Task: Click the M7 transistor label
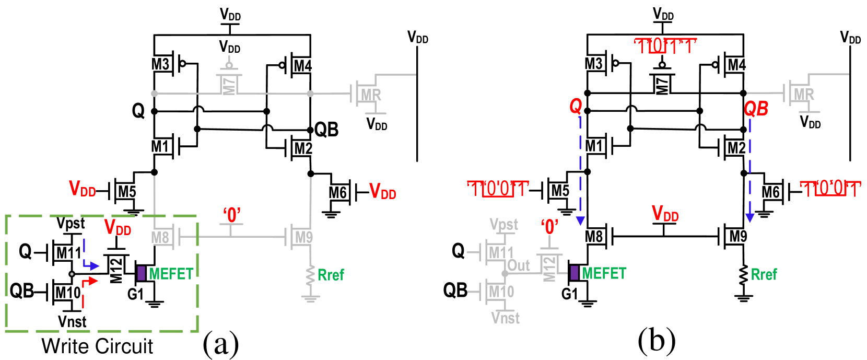coord(229,86)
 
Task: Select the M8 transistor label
coord(160,238)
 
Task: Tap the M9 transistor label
coord(304,238)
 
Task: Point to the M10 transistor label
coord(501,292)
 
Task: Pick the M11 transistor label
coord(501,253)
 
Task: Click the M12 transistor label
coord(549,269)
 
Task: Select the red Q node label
coord(576,106)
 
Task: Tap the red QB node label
coord(756,109)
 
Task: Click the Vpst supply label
coord(503,224)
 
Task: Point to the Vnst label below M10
coord(505,318)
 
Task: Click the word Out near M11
coord(519,265)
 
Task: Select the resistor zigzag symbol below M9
coord(311,275)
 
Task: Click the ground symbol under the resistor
coord(311,298)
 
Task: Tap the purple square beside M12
coord(575,273)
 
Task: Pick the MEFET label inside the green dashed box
coord(171,274)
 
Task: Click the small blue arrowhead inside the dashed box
coord(95,266)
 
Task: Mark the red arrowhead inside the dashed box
coord(93,281)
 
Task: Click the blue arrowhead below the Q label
coord(580,220)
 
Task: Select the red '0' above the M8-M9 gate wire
coord(232,215)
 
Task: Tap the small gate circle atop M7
coord(229,65)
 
